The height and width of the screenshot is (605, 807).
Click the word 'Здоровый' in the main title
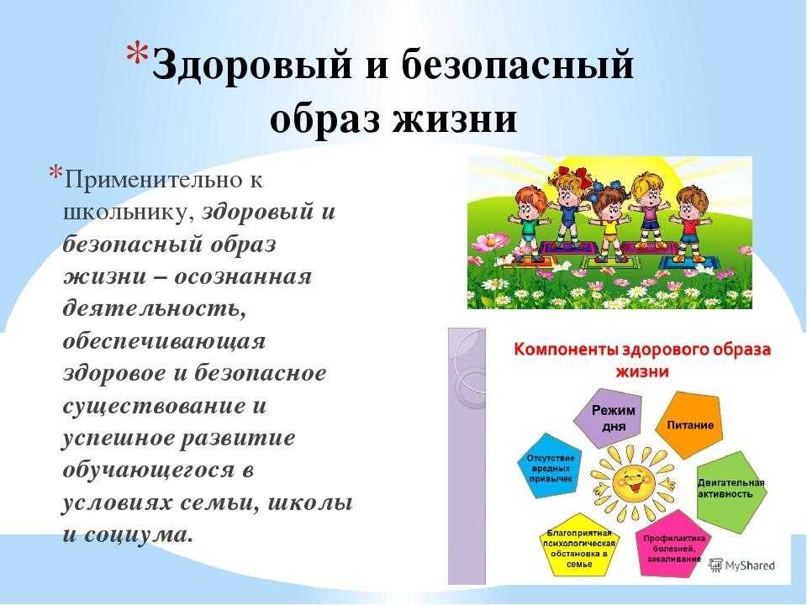[253, 66]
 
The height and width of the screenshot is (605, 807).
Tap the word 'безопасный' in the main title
[518, 66]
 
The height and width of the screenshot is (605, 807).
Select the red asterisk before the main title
[137, 53]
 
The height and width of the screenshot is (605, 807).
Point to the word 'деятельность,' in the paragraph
[155, 308]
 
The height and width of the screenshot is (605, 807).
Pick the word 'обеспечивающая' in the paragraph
[164, 342]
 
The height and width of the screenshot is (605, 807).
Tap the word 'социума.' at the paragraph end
[139, 535]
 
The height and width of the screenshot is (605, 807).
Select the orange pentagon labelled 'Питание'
[689, 424]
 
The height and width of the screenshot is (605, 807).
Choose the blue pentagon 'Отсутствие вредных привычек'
[549, 466]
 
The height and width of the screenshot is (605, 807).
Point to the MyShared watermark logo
[741, 566]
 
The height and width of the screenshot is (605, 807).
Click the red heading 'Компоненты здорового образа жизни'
[642, 360]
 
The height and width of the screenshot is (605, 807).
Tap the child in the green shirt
[529, 222]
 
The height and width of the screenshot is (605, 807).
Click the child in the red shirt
[690, 222]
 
